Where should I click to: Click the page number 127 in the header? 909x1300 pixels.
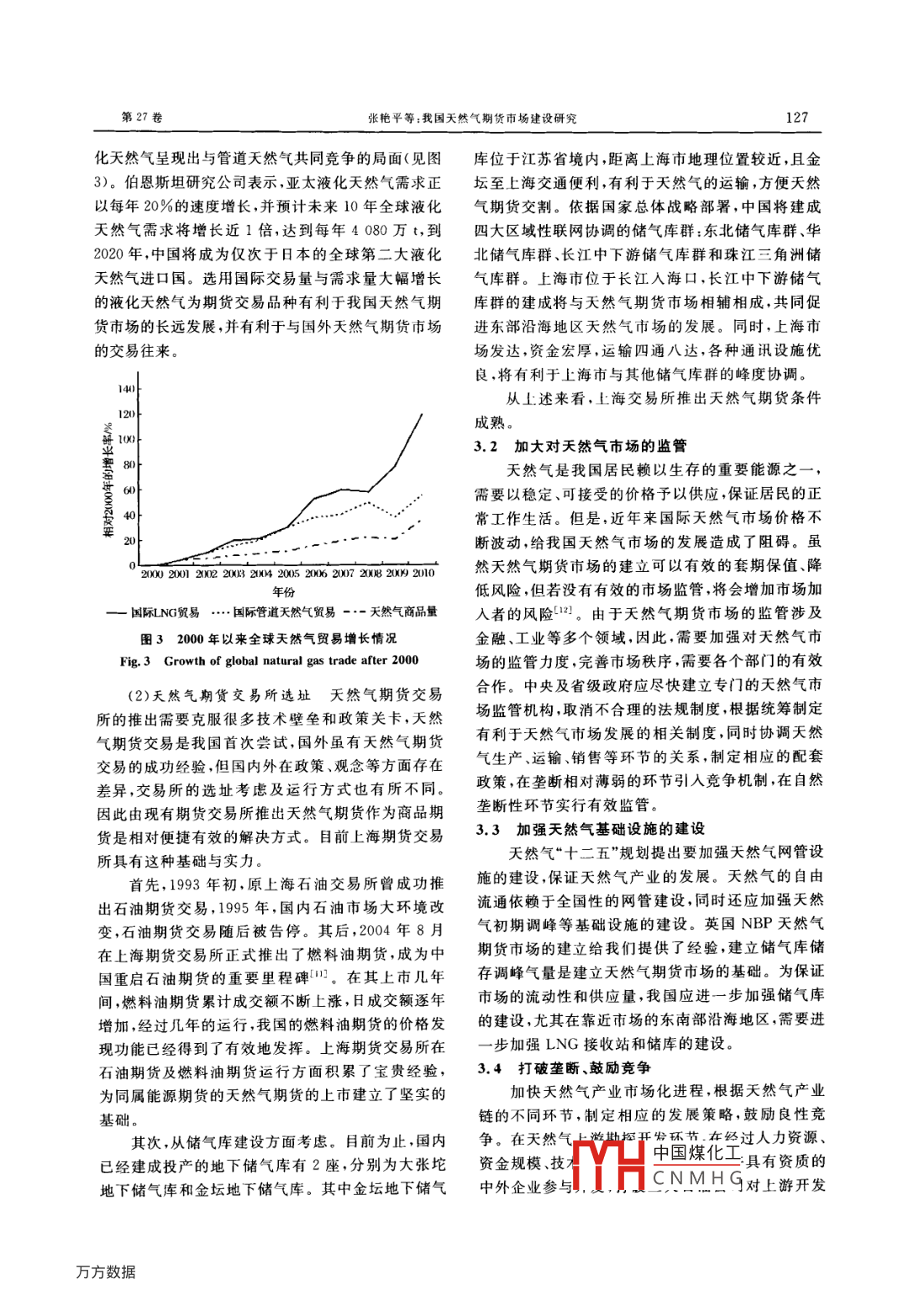796,118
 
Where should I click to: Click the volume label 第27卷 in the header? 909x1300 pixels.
142,118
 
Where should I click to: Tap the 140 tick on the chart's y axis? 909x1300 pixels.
126,389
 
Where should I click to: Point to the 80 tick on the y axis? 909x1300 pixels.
129,464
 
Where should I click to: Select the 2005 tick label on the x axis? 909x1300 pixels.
288,574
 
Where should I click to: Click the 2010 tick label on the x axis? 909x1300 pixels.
423,574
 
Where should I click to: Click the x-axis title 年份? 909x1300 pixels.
283,592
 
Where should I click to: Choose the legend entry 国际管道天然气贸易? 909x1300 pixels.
283,612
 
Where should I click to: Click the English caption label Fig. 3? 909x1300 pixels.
134,661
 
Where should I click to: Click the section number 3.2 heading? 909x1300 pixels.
486,447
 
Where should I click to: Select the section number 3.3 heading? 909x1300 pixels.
488,830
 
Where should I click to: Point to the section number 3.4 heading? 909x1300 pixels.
490,1068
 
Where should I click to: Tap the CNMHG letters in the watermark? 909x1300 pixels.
697,1178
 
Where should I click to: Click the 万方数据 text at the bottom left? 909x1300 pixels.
106,1271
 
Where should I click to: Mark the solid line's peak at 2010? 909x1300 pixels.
422,413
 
